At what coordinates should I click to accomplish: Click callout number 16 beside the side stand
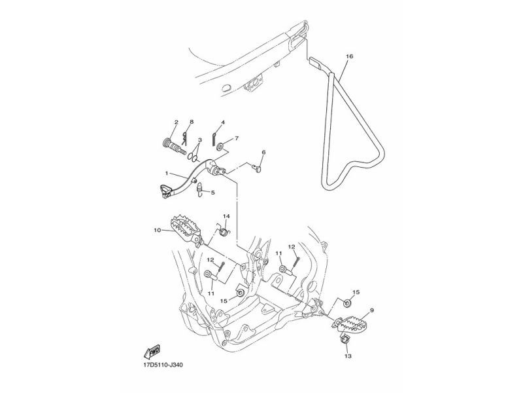pyautogui.click(x=350, y=57)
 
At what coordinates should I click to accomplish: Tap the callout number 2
pyautogui.click(x=158, y=122)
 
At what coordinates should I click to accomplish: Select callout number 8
pyautogui.click(x=173, y=122)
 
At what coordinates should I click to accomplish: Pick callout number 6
pyautogui.click(x=263, y=152)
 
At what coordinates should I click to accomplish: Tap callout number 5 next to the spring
pyautogui.click(x=211, y=193)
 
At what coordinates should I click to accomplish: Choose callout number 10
pyautogui.click(x=157, y=230)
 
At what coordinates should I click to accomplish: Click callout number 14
pyautogui.click(x=226, y=216)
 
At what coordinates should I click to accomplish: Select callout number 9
pyautogui.click(x=372, y=310)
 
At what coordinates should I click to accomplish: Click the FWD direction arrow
pyautogui.click(x=154, y=351)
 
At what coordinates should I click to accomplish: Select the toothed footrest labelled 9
pyautogui.click(x=354, y=324)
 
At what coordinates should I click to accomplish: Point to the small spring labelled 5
pyautogui.click(x=201, y=191)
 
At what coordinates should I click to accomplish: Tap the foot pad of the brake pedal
pyautogui.click(x=164, y=191)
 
